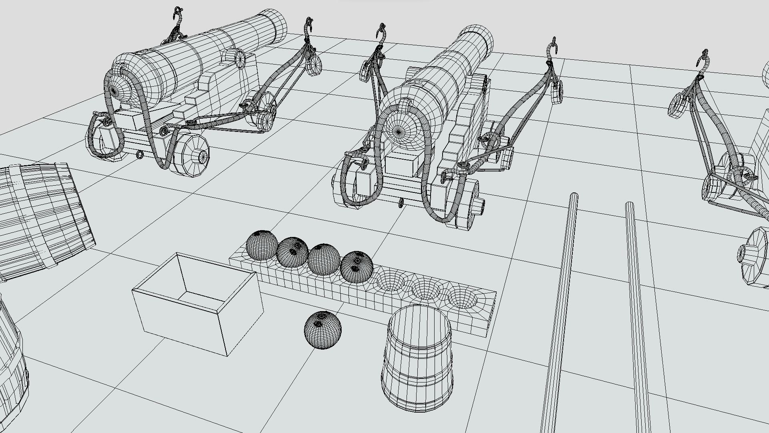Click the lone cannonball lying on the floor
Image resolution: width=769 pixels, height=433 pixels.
322,330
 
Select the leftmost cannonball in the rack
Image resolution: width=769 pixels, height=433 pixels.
262,245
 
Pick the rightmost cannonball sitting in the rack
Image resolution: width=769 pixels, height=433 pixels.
356,267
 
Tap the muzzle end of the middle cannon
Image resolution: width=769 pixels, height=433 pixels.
481,38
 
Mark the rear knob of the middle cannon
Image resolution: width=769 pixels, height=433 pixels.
398,131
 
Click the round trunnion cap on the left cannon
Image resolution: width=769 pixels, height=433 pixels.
240,59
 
